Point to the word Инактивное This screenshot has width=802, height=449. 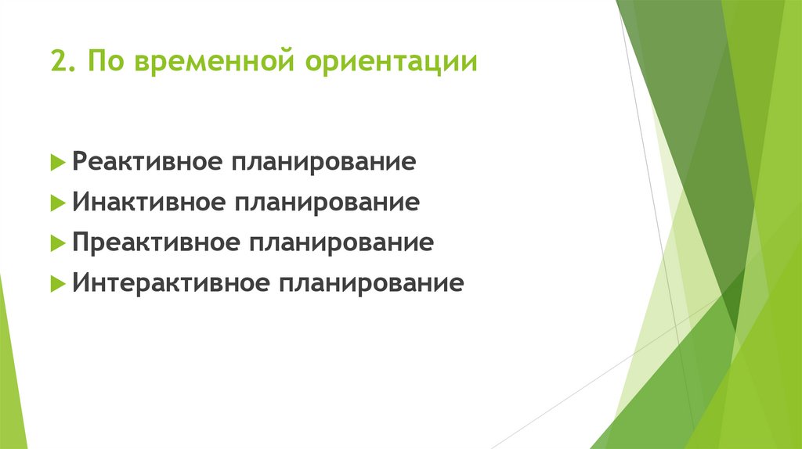(x=146, y=203)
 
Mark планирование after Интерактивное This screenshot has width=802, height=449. (x=367, y=283)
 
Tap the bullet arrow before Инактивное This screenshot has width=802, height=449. (x=56, y=203)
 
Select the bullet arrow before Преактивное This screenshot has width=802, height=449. (x=56, y=243)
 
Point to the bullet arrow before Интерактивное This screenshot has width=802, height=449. (x=56, y=282)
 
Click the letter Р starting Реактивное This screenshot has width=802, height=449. (x=80, y=163)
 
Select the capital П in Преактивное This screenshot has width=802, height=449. (x=81, y=242)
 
